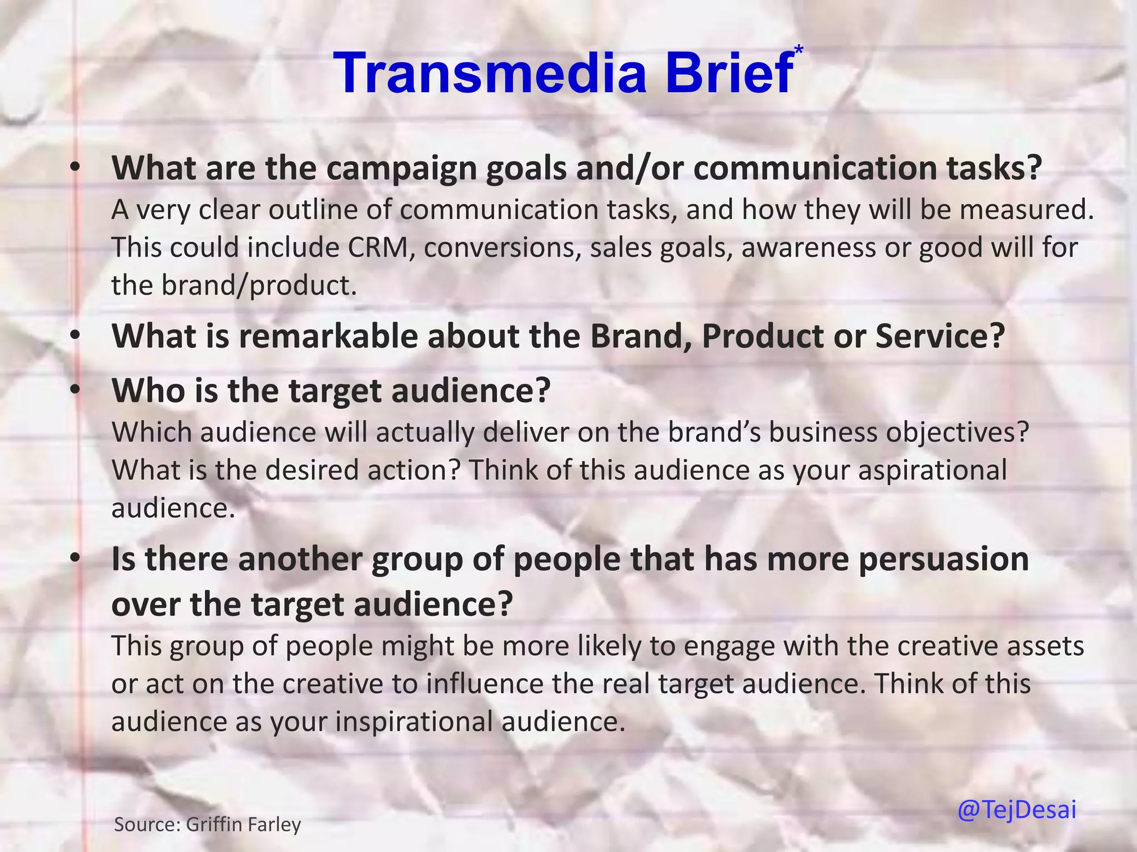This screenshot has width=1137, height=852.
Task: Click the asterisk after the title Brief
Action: pos(799,50)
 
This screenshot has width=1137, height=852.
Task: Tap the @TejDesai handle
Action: pos(1017,809)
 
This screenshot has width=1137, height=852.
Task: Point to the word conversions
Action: pos(502,247)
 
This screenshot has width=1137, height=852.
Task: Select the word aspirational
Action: pos(933,470)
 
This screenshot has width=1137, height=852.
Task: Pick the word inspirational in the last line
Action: pos(414,722)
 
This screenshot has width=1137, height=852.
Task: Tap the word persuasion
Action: pos(944,559)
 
